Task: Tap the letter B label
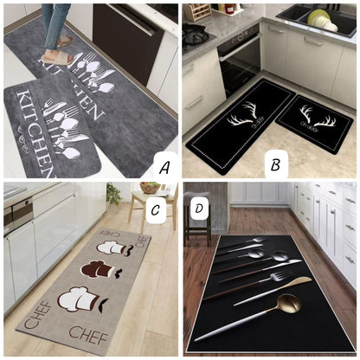pos(274,164)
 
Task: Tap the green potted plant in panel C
pos(113,194)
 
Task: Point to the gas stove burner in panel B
pos(195,35)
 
